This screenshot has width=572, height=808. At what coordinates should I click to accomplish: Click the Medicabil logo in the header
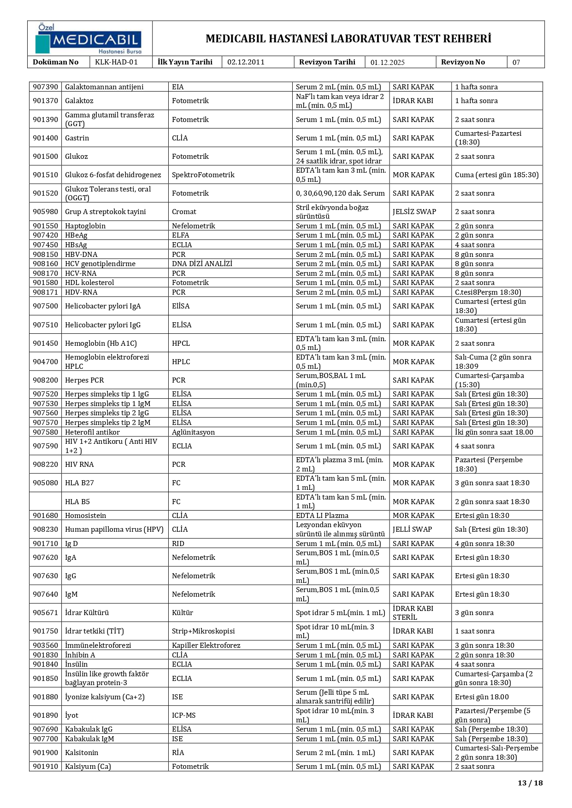(x=88, y=39)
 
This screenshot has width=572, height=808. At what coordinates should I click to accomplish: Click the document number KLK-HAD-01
(x=116, y=62)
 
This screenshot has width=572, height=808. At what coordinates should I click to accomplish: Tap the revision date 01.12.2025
(x=387, y=63)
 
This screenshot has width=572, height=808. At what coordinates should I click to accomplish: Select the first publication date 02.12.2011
(x=246, y=62)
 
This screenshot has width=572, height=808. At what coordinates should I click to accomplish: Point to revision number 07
(x=516, y=63)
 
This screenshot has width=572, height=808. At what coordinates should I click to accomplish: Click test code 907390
(x=46, y=87)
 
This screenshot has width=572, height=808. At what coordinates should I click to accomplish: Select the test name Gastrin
(x=77, y=138)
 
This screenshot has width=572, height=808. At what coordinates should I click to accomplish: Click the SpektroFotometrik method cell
(x=203, y=175)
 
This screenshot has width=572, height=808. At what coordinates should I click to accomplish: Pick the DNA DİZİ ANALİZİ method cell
(x=202, y=264)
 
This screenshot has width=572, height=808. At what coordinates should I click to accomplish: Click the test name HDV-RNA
(x=81, y=292)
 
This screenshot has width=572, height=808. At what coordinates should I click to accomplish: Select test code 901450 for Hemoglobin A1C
(x=46, y=343)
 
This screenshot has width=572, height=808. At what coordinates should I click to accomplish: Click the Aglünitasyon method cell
(x=193, y=432)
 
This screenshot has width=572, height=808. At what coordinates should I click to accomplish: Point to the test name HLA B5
(x=77, y=502)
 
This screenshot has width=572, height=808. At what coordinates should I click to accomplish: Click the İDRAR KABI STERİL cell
(x=413, y=613)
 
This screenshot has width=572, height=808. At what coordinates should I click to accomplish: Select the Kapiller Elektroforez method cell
(x=206, y=645)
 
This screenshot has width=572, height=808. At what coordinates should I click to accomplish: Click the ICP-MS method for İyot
(x=183, y=715)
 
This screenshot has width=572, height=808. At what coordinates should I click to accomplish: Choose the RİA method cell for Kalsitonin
(x=178, y=753)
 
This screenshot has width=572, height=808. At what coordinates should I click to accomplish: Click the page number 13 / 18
(x=530, y=783)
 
